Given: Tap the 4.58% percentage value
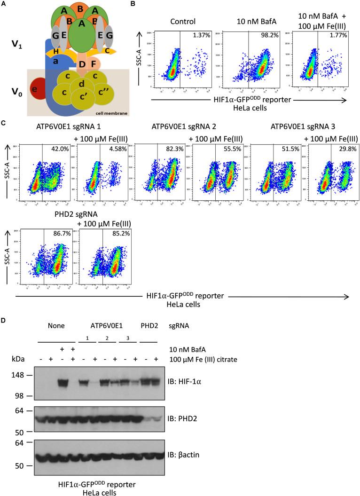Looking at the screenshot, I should tap(121, 150).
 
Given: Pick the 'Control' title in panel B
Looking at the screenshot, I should tap(183, 21).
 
